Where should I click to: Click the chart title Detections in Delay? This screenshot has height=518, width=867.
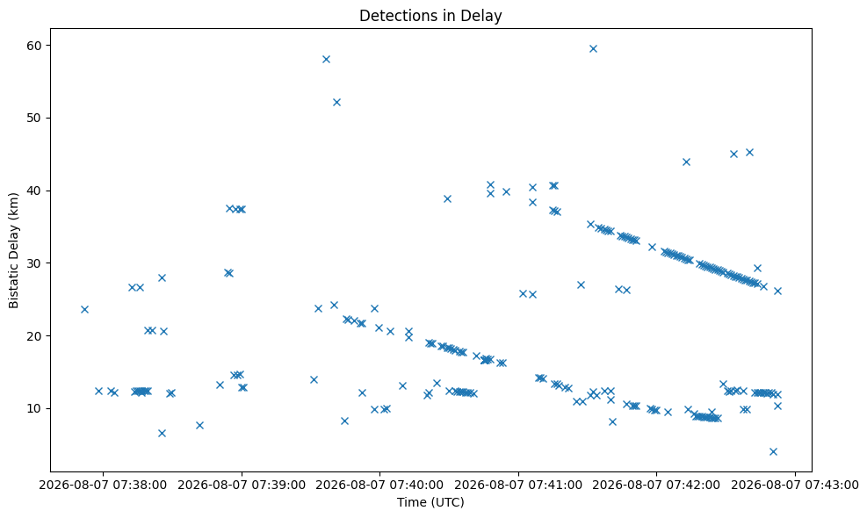tap(430, 16)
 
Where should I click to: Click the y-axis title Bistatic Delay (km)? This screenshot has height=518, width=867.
tap(14, 250)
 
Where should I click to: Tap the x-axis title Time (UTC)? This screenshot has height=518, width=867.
tap(430, 502)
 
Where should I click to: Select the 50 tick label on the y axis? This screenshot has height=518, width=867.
tap(34, 118)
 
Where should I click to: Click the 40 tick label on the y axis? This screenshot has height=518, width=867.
tap(34, 191)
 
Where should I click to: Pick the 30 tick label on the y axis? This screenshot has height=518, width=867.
tap(34, 263)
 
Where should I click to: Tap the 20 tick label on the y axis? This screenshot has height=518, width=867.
tap(34, 335)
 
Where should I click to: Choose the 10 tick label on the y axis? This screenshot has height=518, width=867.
tap(34, 408)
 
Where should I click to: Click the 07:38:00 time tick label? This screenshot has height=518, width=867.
tap(103, 485)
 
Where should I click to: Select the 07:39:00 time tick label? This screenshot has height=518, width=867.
tap(242, 485)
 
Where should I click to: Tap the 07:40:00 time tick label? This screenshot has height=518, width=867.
tap(379, 485)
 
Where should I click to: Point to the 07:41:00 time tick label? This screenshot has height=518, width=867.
tap(518, 485)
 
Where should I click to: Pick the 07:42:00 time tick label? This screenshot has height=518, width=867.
tap(657, 485)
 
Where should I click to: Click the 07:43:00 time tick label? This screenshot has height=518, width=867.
tap(795, 485)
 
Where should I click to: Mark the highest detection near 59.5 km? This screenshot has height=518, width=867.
tap(593, 48)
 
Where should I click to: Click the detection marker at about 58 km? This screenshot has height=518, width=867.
tap(326, 59)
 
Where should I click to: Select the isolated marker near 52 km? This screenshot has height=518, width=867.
tap(336, 102)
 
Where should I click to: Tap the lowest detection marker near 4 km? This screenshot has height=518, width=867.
tap(774, 451)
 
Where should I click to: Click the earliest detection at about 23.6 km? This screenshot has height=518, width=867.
tap(84, 310)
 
